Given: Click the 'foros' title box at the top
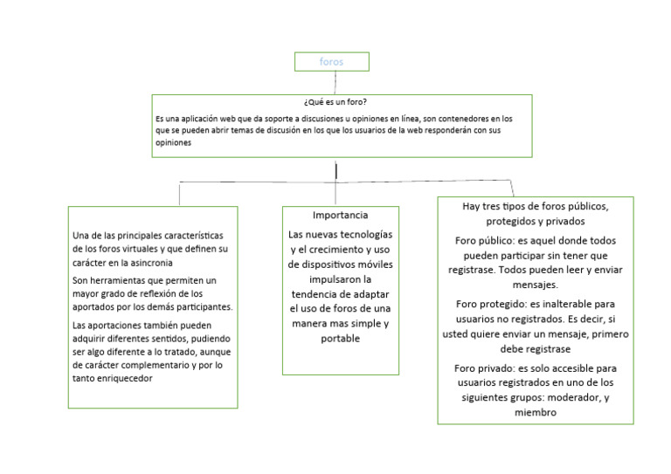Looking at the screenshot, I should pos(331,62).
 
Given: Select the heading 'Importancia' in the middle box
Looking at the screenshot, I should pos(340,215).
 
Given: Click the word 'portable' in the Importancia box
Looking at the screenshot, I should pos(340,339).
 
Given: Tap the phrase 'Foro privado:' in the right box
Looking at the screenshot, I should pos(487,368).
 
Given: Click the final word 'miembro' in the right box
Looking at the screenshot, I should pos(535,413).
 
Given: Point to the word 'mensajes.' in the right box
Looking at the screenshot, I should pos(535,285).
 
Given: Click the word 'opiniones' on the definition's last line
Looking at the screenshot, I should pos(174,142).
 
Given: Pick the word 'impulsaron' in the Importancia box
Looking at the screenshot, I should pos(340,279).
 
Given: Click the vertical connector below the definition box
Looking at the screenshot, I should pos(336,169).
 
